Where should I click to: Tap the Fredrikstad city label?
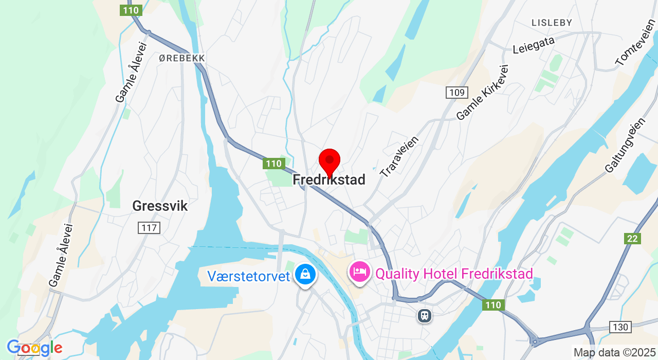pyautogui.click(x=329, y=180)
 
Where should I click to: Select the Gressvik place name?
pyautogui.click(x=160, y=206)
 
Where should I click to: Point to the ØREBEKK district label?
pyautogui.click(x=182, y=59)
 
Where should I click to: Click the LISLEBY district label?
pyautogui.click(x=552, y=23)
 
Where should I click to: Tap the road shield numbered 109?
pyautogui.click(x=456, y=93)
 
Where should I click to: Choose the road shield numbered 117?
pyautogui.click(x=149, y=227)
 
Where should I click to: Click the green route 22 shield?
pyautogui.click(x=633, y=239)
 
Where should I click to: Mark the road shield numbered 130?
pyautogui.click(x=619, y=327)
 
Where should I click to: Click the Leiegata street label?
pyautogui.click(x=534, y=45)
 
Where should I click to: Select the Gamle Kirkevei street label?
pyautogui.click(x=482, y=93)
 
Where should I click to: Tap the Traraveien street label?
pyautogui.click(x=399, y=157)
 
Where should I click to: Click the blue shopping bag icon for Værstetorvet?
pyautogui.click(x=305, y=274)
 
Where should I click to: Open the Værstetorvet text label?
pyautogui.click(x=249, y=276)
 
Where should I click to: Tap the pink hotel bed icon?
pyautogui.click(x=360, y=271)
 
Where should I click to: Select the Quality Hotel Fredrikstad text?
pyautogui.click(x=454, y=274)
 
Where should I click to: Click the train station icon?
pyautogui.click(x=424, y=315)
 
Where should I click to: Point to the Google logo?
pyautogui.click(x=34, y=348)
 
